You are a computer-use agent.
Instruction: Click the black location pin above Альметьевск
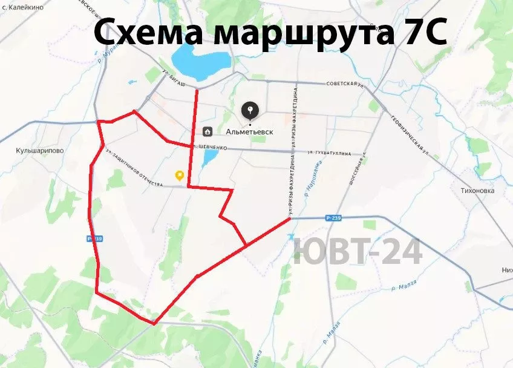pyautogui.click(x=250, y=111)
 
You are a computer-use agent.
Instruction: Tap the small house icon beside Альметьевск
pyautogui.click(x=207, y=131)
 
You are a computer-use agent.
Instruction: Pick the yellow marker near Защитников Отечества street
pyautogui.click(x=180, y=176)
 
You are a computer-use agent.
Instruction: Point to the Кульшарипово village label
pyautogui.click(x=40, y=151)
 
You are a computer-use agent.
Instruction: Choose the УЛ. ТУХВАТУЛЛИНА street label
pyautogui.click(x=328, y=154)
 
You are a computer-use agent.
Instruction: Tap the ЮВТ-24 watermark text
pyautogui.click(x=357, y=252)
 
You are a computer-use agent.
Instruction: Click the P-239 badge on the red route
pyautogui.click(x=95, y=238)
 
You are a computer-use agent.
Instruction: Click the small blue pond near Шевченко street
pyautogui.click(x=209, y=159)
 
